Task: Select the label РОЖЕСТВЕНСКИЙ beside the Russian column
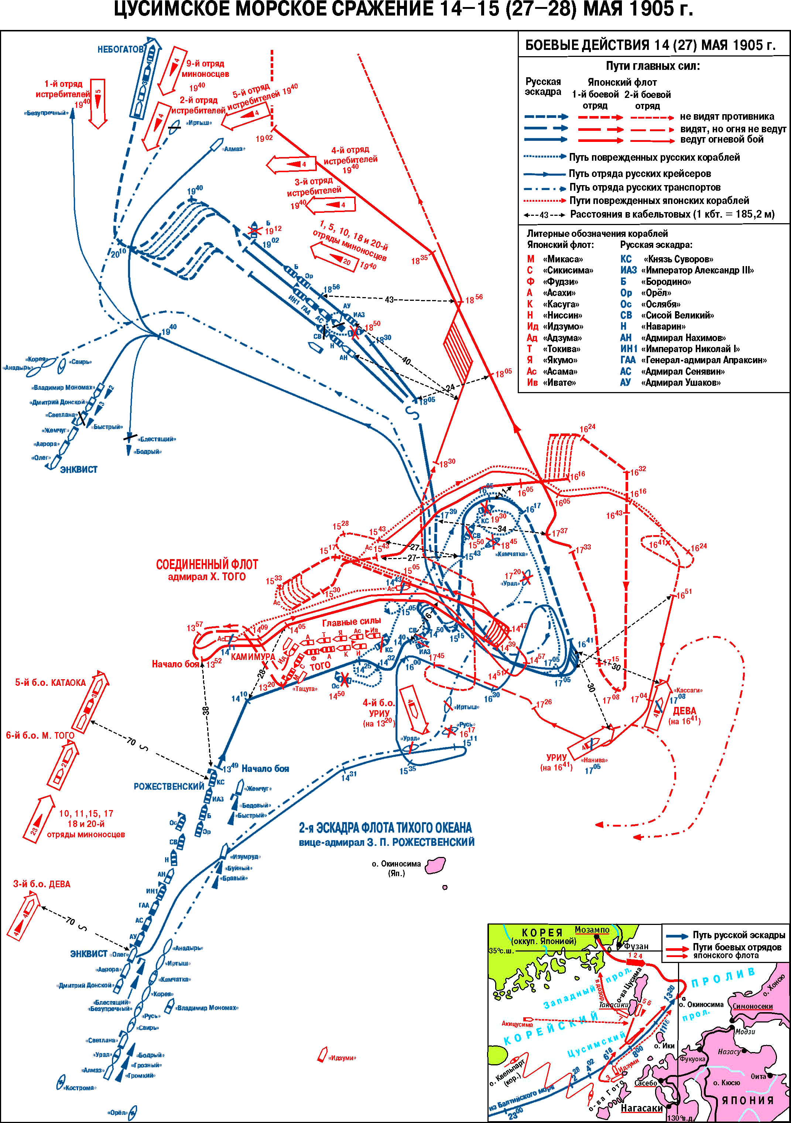[x=169, y=786]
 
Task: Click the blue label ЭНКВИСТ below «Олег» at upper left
[x=78, y=470]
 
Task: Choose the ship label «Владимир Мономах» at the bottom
[x=207, y=1008]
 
